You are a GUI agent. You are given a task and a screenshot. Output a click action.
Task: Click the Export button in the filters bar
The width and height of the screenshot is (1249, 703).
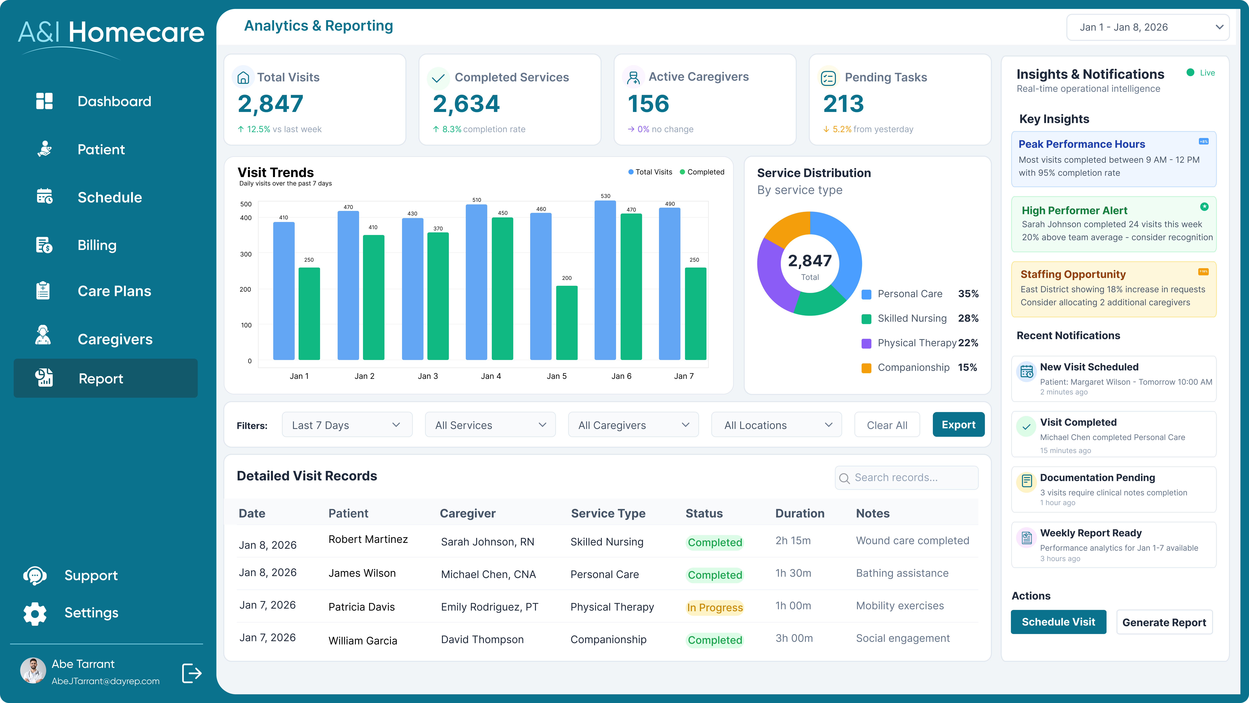(958, 425)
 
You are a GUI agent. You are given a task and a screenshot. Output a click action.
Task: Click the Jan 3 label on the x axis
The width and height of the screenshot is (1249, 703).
(428, 376)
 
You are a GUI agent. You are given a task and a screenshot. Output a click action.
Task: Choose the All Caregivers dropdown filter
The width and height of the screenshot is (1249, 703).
(633, 425)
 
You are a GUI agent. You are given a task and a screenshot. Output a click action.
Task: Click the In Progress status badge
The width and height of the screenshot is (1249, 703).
(715, 607)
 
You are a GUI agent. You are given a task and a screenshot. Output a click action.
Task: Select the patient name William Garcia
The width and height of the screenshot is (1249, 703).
(363, 640)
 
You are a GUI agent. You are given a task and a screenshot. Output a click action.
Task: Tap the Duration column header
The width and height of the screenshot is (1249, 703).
(799, 513)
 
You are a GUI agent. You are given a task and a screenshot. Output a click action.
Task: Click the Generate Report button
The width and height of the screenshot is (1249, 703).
(1164, 622)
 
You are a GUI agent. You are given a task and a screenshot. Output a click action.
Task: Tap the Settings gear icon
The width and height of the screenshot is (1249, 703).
(35, 613)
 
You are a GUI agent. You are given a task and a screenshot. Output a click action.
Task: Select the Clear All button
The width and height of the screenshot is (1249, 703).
(887, 425)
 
